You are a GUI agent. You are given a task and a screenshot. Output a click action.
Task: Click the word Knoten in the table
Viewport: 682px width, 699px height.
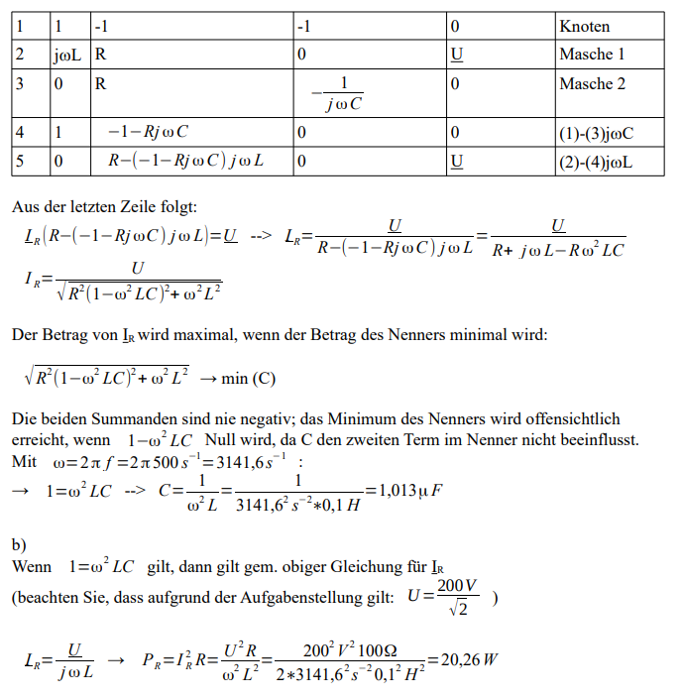pos(584,26)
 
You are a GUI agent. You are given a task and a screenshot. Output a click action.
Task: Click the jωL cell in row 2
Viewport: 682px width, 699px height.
pos(68,54)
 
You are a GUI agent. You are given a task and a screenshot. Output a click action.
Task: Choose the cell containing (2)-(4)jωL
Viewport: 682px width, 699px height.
pos(597,162)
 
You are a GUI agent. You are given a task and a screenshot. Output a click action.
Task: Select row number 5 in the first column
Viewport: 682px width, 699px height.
pos(20,162)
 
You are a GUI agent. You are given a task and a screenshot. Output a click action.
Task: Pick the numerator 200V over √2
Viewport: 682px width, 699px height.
pos(458,585)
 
